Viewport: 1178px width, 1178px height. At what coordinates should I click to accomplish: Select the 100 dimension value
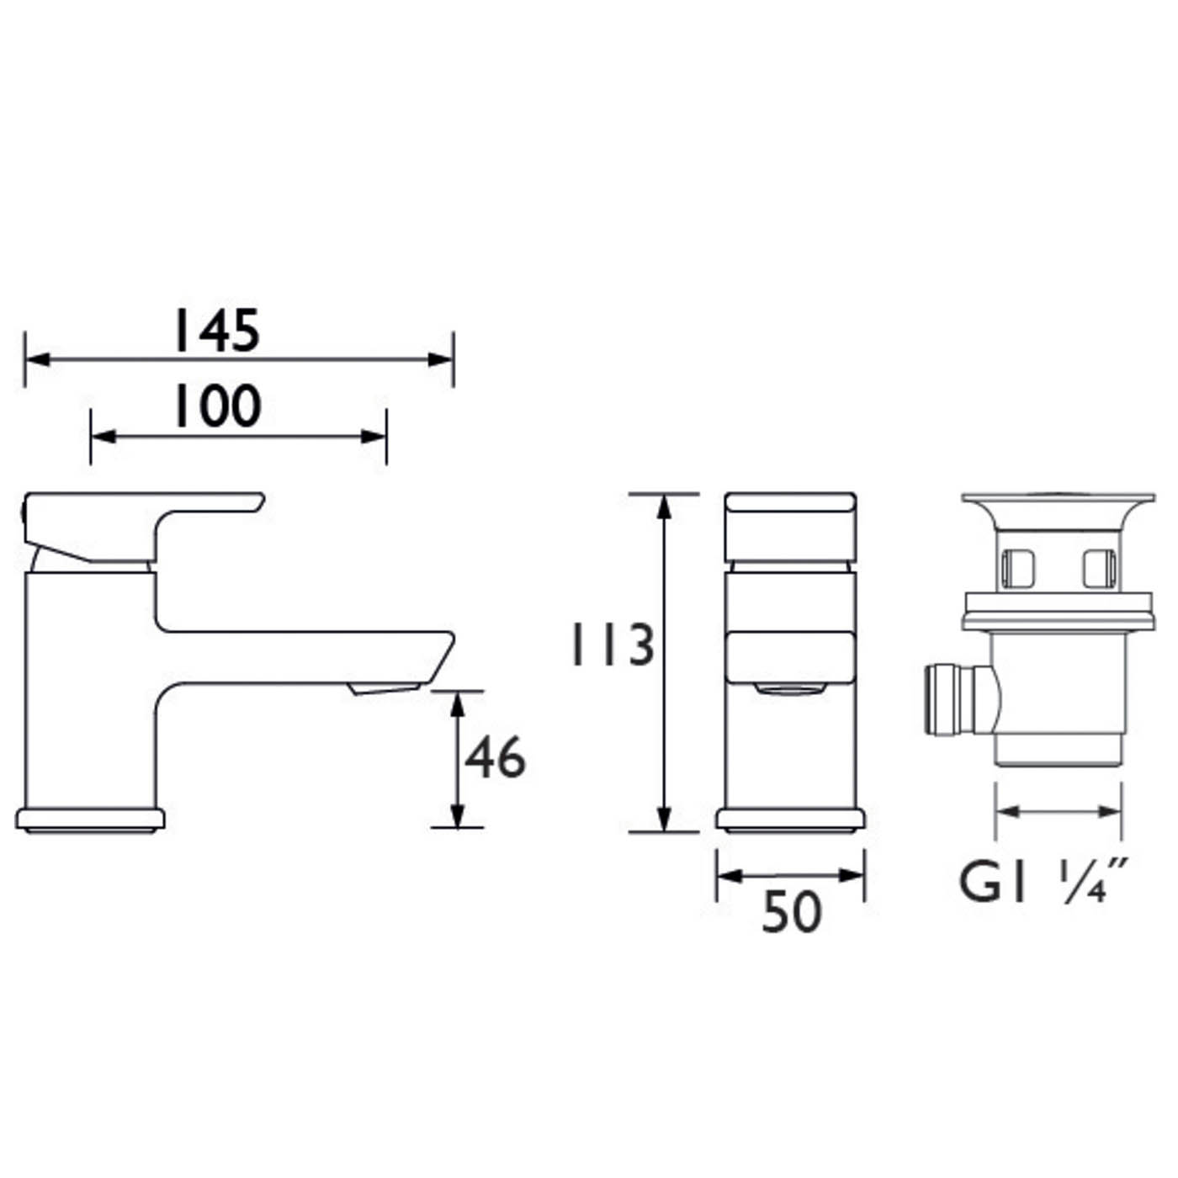coord(217,407)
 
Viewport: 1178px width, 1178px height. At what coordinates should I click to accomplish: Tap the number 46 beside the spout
coord(495,757)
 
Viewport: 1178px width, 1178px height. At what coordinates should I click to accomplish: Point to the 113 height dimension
coord(612,646)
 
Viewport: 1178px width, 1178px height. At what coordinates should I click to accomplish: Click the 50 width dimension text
coord(790,912)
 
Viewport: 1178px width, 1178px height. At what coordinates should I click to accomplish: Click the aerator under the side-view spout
coord(384,689)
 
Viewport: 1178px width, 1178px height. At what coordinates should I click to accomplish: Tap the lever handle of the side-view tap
coord(143,515)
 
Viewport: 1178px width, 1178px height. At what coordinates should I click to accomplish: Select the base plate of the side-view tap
coord(90,820)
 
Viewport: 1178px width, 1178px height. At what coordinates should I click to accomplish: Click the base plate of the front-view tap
coord(790,820)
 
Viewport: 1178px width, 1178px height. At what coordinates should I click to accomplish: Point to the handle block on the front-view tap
coord(790,527)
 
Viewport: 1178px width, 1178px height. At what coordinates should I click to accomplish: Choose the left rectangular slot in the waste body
coord(1017,568)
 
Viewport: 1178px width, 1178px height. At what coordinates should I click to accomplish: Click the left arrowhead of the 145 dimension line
coord(36,359)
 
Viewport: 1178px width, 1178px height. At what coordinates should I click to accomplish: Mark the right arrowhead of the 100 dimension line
coord(375,436)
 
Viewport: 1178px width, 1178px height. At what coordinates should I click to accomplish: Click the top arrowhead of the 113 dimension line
coord(665,505)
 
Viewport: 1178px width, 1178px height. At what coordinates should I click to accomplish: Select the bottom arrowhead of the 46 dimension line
coord(457,816)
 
